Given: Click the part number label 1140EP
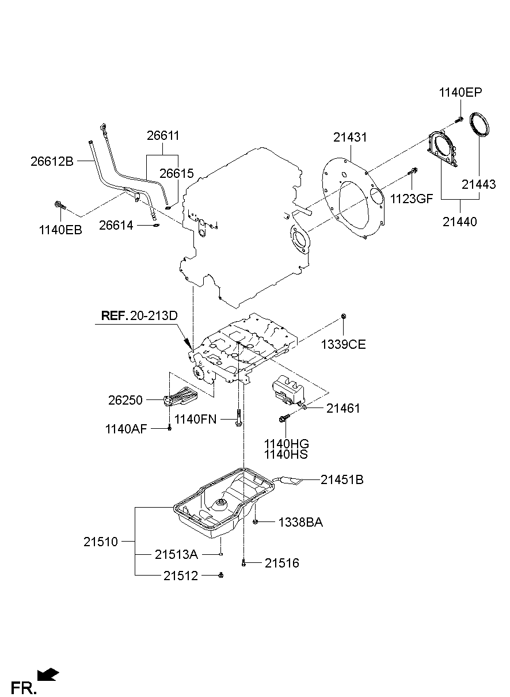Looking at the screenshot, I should [x=460, y=92].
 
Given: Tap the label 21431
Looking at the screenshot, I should [x=350, y=138].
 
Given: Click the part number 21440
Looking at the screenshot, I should [x=460, y=222].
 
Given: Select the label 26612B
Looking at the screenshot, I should [x=52, y=162].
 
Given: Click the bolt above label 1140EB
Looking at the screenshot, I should [x=60, y=205].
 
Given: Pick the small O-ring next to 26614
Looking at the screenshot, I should [x=156, y=226].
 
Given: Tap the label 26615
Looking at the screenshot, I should [x=177, y=173].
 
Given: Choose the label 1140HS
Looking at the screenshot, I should [x=286, y=455].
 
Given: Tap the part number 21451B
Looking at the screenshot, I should [x=342, y=479].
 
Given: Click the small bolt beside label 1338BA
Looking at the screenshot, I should [x=255, y=521].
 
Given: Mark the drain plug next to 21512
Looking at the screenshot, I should [x=221, y=575].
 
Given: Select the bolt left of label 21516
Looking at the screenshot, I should [x=243, y=563].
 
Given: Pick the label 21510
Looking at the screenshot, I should [x=100, y=542].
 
